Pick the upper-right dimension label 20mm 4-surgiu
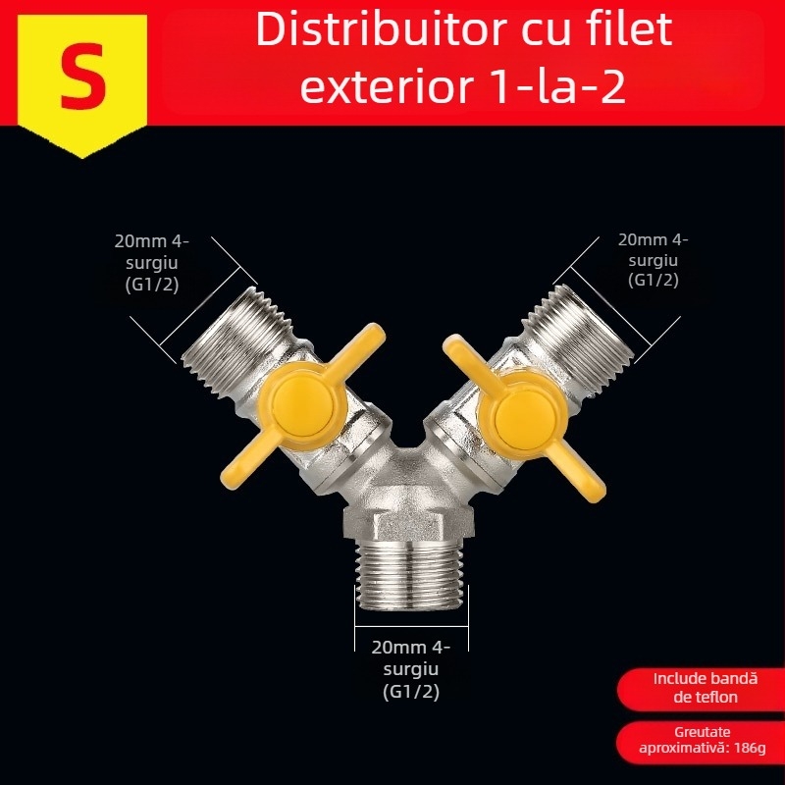tap(653, 260)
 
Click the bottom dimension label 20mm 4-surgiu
tap(410, 657)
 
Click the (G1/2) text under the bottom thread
tap(410, 692)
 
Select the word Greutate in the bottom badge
tap(703, 732)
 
